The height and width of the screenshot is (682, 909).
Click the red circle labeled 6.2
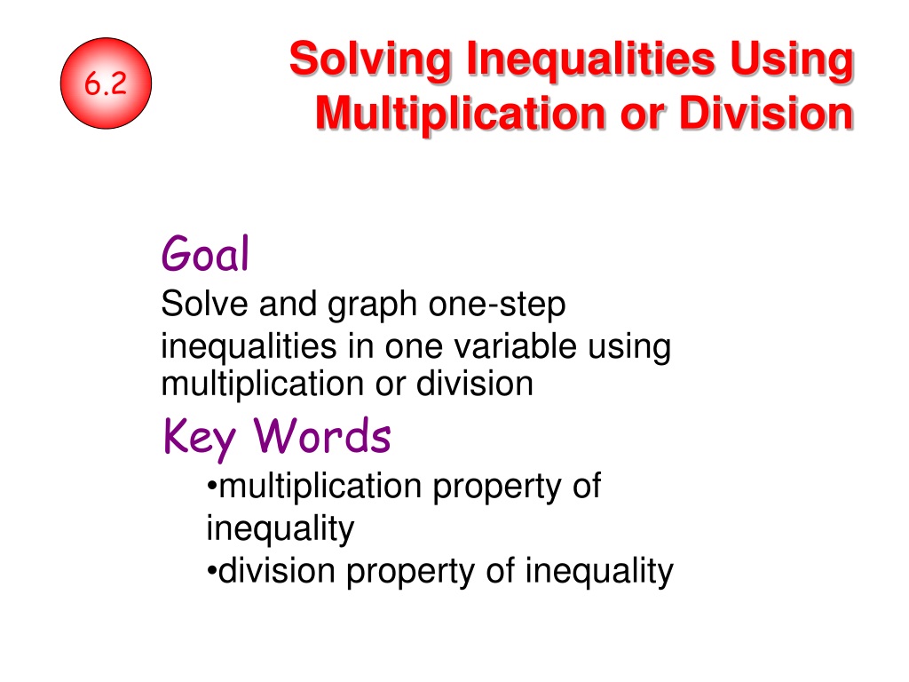pyautogui.click(x=107, y=83)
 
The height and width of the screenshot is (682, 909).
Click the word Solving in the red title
pyautogui.click(x=370, y=60)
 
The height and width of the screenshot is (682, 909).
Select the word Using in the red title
pyautogui.click(x=791, y=60)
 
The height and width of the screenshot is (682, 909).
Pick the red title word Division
pyautogui.click(x=766, y=113)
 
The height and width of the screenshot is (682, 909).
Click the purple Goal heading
pyautogui.click(x=205, y=253)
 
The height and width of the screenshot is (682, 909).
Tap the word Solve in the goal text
pyautogui.click(x=205, y=304)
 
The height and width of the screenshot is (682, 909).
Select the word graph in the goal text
pyautogui.click(x=372, y=305)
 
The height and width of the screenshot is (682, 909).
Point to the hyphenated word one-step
pyautogui.click(x=497, y=305)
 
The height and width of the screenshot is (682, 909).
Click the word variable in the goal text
pyautogui.click(x=516, y=346)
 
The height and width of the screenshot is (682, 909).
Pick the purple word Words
pyautogui.click(x=322, y=435)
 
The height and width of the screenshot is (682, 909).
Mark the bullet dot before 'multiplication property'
pyautogui.click(x=211, y=486)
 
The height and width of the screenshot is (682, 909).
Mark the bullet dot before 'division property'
pyautogui.click(x=211, y=571)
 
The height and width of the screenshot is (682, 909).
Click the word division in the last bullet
pyautogui.click(x=277, y=570)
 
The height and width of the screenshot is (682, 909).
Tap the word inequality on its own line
pyautogui.click(x=280, y=530)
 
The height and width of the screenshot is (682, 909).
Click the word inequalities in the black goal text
pyautogui.click(x=249, y=348)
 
